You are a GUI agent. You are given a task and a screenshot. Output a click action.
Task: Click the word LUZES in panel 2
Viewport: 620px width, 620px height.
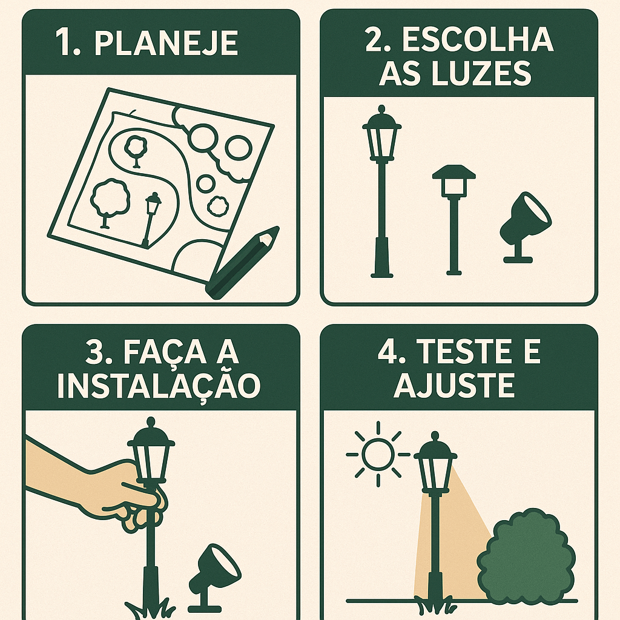485,74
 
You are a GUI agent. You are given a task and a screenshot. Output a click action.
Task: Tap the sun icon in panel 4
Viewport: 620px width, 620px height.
378,453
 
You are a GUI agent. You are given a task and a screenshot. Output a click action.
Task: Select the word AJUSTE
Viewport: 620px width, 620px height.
454,386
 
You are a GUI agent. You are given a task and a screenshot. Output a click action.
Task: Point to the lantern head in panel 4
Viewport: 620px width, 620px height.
435,463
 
